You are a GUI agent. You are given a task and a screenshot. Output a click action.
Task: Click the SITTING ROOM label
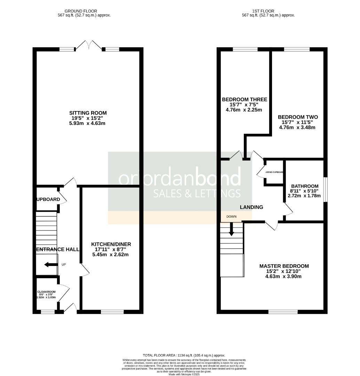click(88, 113)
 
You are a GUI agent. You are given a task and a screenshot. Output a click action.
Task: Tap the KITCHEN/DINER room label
click(111, 244)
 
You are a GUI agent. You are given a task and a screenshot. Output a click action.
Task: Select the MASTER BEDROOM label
click(284, 266)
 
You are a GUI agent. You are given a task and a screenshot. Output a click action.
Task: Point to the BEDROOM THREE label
click(245, 100)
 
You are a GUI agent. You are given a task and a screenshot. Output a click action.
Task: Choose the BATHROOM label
click(305, 186)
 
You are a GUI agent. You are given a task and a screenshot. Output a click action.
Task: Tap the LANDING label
click(251, 207)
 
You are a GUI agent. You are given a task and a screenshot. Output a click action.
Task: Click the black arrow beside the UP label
click(51, 265)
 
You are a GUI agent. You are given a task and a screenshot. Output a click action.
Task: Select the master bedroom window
click(283, 312)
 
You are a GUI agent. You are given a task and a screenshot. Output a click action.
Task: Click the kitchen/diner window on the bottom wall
click(112, 312)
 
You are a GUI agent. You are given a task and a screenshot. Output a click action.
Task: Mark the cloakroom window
click(48, 312)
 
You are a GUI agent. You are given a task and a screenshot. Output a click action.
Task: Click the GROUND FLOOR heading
click(81, 11)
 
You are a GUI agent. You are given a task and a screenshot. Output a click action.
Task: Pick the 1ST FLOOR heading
click(268, 11)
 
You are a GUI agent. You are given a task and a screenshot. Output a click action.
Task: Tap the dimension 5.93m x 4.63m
click(88, 123)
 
